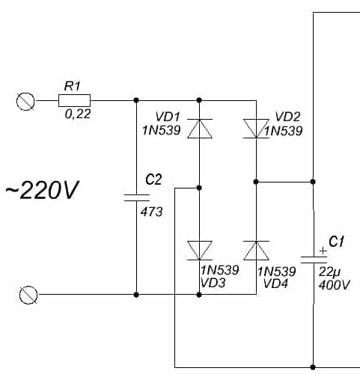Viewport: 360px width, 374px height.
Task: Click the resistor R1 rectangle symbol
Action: (x=74, y=100)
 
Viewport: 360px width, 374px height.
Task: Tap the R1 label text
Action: (x=73, y=86)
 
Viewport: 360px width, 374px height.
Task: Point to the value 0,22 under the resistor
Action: (x=78, y=114)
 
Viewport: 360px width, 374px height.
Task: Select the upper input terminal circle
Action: (x=25, y=101)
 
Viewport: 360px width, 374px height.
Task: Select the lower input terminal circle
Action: (x=28, y=295)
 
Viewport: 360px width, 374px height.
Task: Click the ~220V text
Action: (x=43, y=190)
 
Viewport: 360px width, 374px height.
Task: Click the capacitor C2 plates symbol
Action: (x=136, y=197)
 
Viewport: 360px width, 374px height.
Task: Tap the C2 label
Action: (x=153, y=180)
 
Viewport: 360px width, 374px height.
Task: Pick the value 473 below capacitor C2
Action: (x=151, y=212)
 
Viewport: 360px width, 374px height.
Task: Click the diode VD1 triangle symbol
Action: (x=200, y=129)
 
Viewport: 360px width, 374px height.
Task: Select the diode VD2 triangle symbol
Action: (x=256, y=129)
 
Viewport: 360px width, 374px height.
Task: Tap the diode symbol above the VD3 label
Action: (x=200, y=251)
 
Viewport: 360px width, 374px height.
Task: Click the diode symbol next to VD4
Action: (x=256, y=251)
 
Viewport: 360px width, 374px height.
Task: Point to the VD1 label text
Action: (x=168, y=117)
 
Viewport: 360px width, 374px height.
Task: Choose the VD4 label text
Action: (x=275, y=283)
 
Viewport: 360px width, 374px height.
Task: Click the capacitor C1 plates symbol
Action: (x=314, y=260)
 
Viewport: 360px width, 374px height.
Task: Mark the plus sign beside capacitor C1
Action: (x=323, y=251)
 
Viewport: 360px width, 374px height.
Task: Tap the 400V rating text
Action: (x=335, y=285)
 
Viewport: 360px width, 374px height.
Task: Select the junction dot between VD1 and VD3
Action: (x=199, y=188)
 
